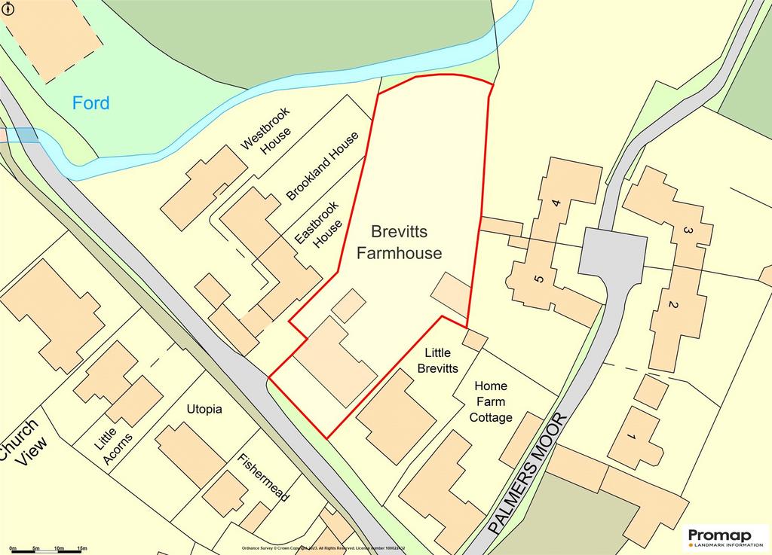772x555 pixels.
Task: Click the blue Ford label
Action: [x=90, y=103]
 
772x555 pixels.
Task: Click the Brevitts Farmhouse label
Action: [x=399, y=242]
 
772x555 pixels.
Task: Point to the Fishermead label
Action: [x=263, y=479]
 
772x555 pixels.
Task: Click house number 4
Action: [x=556, y=203]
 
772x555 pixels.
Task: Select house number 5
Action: [x=538, y=279]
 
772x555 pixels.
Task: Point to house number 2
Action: [x=674, y=305]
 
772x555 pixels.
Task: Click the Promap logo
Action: [x=727, y=538]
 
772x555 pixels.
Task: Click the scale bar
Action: [x=45, y=550]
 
